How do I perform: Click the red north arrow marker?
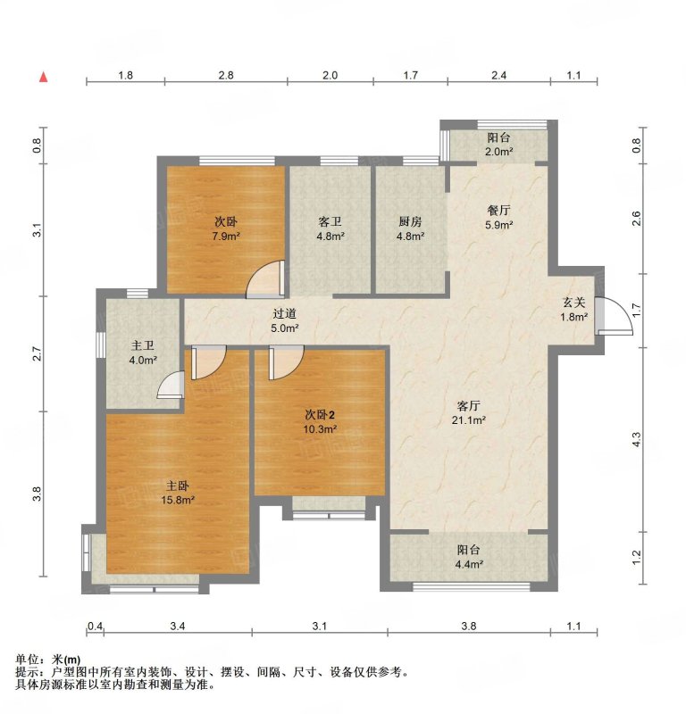[x=44, y=77]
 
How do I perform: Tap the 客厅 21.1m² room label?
[x=469, y=412]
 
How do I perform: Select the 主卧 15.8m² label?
[x=178, y=494]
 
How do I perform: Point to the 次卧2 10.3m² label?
[x=320, y=421]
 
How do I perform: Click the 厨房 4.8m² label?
[x=410, y=228]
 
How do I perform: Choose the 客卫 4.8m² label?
[x=330, y=228]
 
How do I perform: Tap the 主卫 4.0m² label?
[x=143, y=353]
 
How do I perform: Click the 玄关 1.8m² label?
[x=573, y=309]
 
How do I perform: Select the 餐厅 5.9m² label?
[x=499, y=217]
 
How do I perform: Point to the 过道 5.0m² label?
[x=285, y=320]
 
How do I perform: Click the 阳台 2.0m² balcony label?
[x=499, y=145]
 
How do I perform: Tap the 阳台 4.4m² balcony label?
[x=469, y=557]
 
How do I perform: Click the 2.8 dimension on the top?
[x=226, y=75]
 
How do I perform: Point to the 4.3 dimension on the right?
[x=637, y=439]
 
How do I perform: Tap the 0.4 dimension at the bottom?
[x=95, y=627]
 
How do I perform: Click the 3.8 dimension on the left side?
[x=37, y=494]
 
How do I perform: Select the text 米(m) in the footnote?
[x=67, y=660]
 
